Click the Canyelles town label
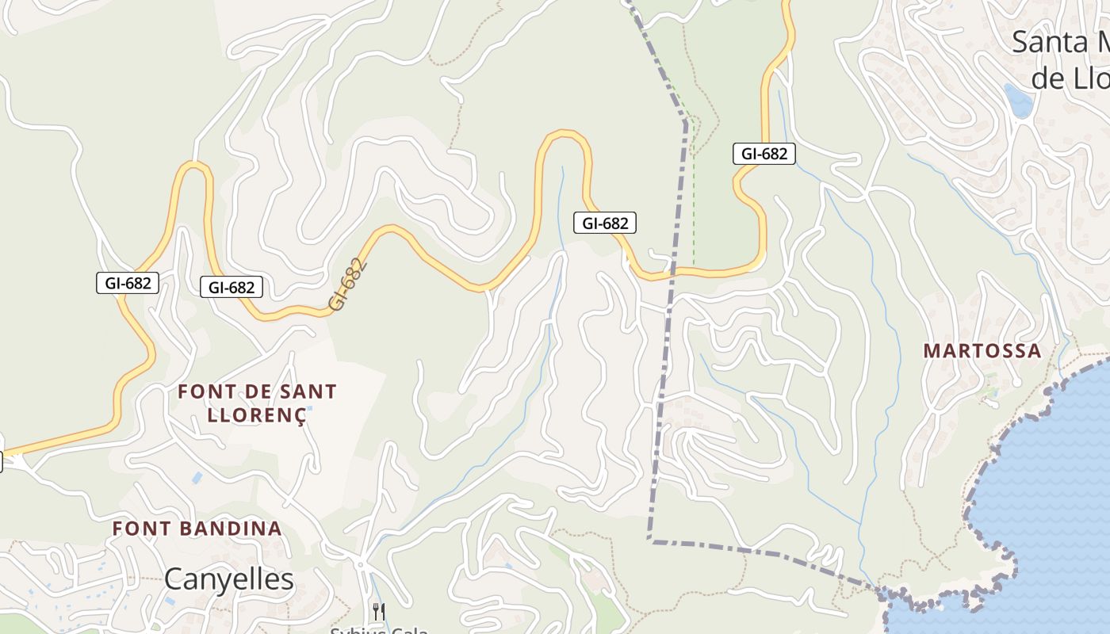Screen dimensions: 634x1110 tap(228, 579)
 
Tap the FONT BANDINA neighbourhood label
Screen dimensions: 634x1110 tap(197, 529)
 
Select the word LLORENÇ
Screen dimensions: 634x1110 tap(256, 415)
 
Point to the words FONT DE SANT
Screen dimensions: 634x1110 tap(257, 391)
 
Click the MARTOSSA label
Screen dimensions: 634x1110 tap(982, 351)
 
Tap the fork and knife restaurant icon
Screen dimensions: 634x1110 tap(379, 611)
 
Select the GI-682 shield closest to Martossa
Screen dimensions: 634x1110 tap(764, 154)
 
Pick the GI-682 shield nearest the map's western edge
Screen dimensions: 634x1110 tap(128, 283)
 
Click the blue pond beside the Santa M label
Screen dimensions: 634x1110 tap(1018, 101)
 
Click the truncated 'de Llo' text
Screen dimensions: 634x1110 tap(1070, 78)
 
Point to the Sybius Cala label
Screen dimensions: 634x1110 tap(379, 629)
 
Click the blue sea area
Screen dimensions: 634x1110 tap(1047, 491)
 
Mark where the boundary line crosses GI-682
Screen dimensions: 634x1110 tap(674, 273)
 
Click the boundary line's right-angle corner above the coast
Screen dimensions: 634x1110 tap(650, 540)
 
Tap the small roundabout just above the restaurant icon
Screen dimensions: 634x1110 tap(361, 564)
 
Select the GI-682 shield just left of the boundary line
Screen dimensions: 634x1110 tap(605, 223)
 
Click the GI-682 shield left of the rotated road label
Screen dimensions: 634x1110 tap(232, 287)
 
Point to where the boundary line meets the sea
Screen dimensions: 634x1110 tap(882, 590)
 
